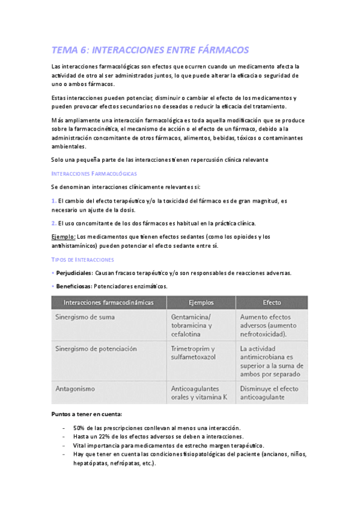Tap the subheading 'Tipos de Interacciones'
(x=82, y=259)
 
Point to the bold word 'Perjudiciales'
(x=74, y=273)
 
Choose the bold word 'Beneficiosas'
(x=73, y=286)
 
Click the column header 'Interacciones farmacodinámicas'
(x=108, y=302)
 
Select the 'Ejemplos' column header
(x=201, y=302)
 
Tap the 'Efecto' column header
(x=272, y=302)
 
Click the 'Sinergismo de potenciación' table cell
(x=96, y=349)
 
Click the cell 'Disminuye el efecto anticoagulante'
(x=269, y=393)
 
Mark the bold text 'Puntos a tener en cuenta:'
(x=87, y=414)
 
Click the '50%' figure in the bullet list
(x=81, y=428)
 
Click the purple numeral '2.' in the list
(x=53, y=223)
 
